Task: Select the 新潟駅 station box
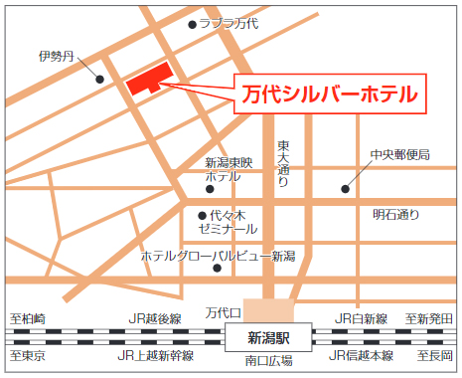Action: click(268, 337)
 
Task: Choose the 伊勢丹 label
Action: click(57, 56)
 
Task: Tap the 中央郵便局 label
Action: click(399, 154)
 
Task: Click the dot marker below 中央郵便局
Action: click(346, 187)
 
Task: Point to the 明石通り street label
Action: click(396, 214)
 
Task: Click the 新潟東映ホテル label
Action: click(230, 169)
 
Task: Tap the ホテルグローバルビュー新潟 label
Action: click(218, 257)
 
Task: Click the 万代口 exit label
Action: click(224, 311)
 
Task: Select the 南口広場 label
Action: click(268, 360)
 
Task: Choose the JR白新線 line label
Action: click(360, 318)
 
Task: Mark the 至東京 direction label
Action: click(29, 355)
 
